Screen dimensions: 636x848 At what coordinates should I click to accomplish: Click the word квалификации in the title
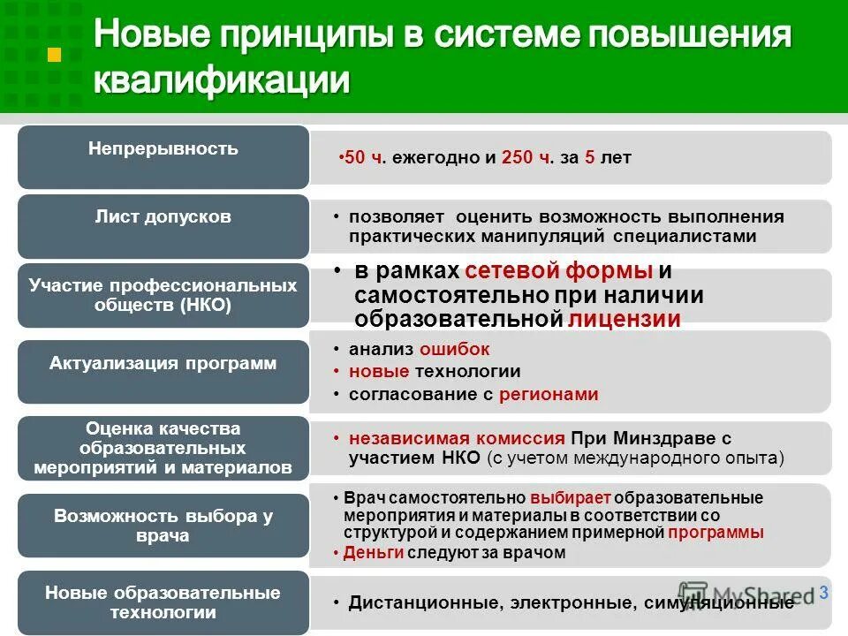(222, 81)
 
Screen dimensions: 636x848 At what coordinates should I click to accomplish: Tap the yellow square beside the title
(54, 55)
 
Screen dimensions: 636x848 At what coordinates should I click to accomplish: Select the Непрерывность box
(163, 156)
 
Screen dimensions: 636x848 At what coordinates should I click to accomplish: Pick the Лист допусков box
(163, 226)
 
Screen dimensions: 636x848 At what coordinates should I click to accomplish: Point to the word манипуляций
(537, 237)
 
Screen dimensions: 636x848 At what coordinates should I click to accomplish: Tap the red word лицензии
(625, 320)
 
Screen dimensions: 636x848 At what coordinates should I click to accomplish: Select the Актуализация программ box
(163, 364)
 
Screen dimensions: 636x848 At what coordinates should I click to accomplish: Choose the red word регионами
(549, 395)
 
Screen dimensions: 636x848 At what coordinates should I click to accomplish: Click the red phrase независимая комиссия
(457, 438)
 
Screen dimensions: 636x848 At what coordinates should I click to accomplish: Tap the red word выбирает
(571, 498)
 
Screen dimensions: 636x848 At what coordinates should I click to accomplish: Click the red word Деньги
(374, 553)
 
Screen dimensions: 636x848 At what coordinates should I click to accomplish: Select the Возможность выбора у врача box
(163, 526)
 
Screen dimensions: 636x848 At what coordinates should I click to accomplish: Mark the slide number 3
(823, 593)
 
